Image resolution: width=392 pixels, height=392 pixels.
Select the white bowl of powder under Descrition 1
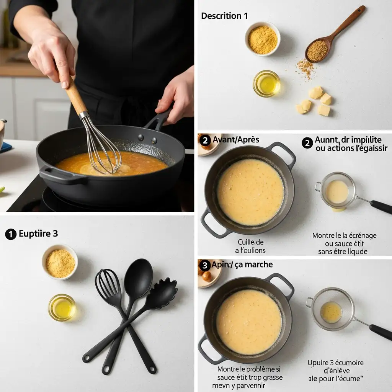[x=263, y=39]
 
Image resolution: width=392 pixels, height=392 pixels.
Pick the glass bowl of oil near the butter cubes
[x=266, y=83]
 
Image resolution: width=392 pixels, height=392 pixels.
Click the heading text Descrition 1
[x=224, y=16]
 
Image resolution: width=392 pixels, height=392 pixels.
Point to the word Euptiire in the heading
[x=35, y=234]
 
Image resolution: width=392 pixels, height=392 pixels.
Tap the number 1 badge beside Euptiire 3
[x=11, y=234]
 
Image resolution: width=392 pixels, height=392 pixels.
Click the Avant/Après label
[x=236, y=140]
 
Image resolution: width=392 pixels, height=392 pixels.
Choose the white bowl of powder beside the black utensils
[x=60, y=263]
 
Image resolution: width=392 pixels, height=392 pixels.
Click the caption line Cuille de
[x=251, y=242]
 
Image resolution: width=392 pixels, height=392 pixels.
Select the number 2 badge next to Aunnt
[x=307, y=143]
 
